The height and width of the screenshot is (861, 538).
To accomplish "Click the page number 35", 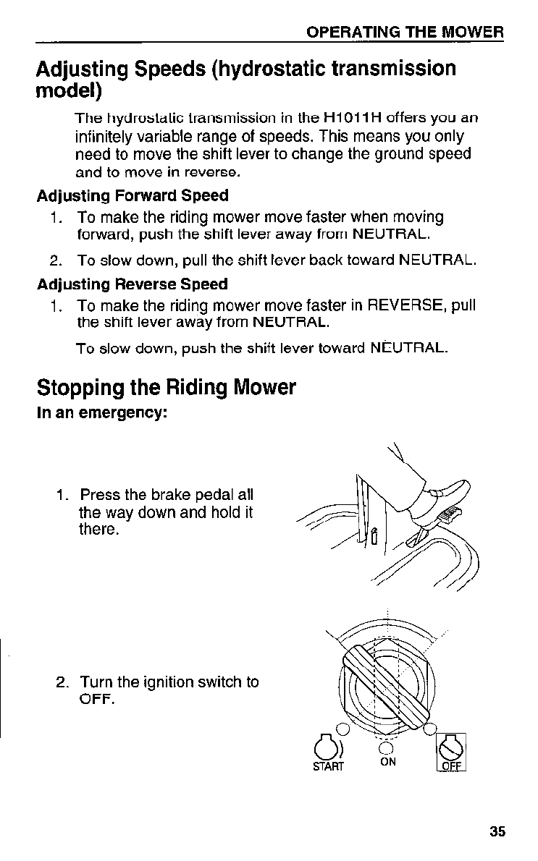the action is click(497, 831).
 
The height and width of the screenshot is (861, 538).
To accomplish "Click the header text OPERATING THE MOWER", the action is click(405, 33).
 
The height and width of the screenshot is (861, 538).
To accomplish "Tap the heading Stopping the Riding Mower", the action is click(167, 388).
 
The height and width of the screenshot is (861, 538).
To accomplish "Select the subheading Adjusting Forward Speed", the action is click(133, 195).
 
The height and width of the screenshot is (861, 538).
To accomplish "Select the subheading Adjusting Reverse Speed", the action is click(133, 284).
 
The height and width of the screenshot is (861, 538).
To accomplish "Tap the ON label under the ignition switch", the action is click(388, 762).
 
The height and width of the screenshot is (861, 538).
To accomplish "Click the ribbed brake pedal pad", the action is click(450, 517).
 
